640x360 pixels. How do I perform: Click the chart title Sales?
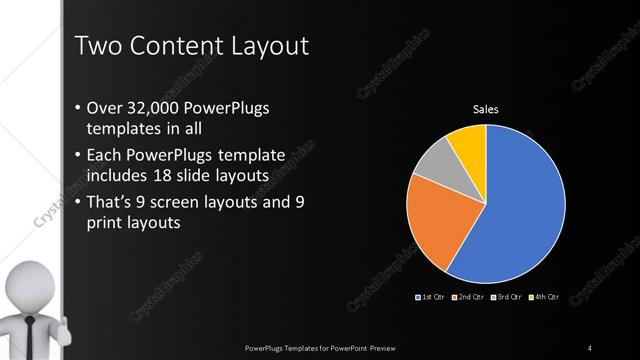[485, 110]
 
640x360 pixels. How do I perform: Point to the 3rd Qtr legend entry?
[508, 298]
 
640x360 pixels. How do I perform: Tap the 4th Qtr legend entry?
[545, 298]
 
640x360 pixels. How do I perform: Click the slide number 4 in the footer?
[590, 347]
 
